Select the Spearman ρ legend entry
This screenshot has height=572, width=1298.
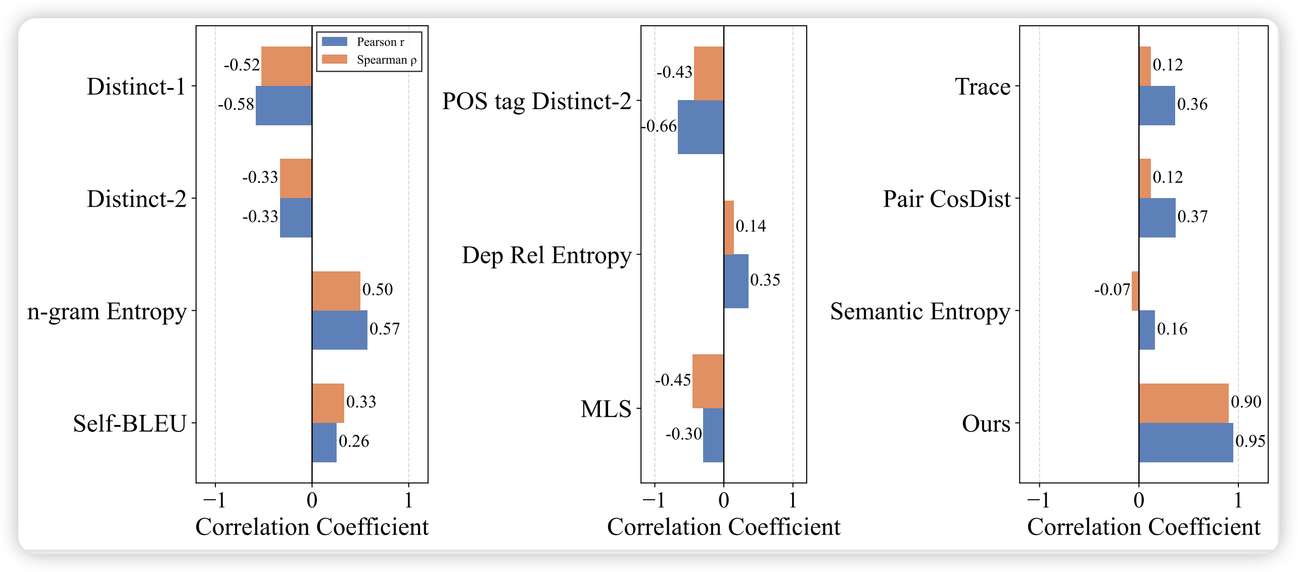pos(369,60)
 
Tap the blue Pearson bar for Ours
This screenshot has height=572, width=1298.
pos(1185,443)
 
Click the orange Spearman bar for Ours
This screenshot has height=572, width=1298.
pos(1183,403)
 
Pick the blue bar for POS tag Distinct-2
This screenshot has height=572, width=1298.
pos(701,127)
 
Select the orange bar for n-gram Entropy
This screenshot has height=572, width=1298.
pos(336,291)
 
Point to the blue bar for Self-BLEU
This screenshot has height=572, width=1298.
pos(324,443)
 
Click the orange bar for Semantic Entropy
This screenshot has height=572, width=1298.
pos(1135,291)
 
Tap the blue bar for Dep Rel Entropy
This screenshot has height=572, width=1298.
pos(736,281)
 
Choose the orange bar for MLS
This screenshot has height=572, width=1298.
pos(708,381)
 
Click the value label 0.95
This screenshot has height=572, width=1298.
pos(1250,441)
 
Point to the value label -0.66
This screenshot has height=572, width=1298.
pos(659,126)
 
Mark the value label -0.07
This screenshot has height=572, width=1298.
pos(1112,290)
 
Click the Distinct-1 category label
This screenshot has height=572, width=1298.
pos(136,86)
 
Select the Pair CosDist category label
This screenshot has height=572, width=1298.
pos(946,199)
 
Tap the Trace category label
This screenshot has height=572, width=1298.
pos(982,86)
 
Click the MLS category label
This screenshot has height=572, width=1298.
pos(606,409)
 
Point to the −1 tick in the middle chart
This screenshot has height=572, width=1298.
pos(654,500)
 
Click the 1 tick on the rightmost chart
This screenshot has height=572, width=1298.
pos(1238,500)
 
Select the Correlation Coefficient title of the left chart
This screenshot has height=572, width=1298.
pos(312,527)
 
